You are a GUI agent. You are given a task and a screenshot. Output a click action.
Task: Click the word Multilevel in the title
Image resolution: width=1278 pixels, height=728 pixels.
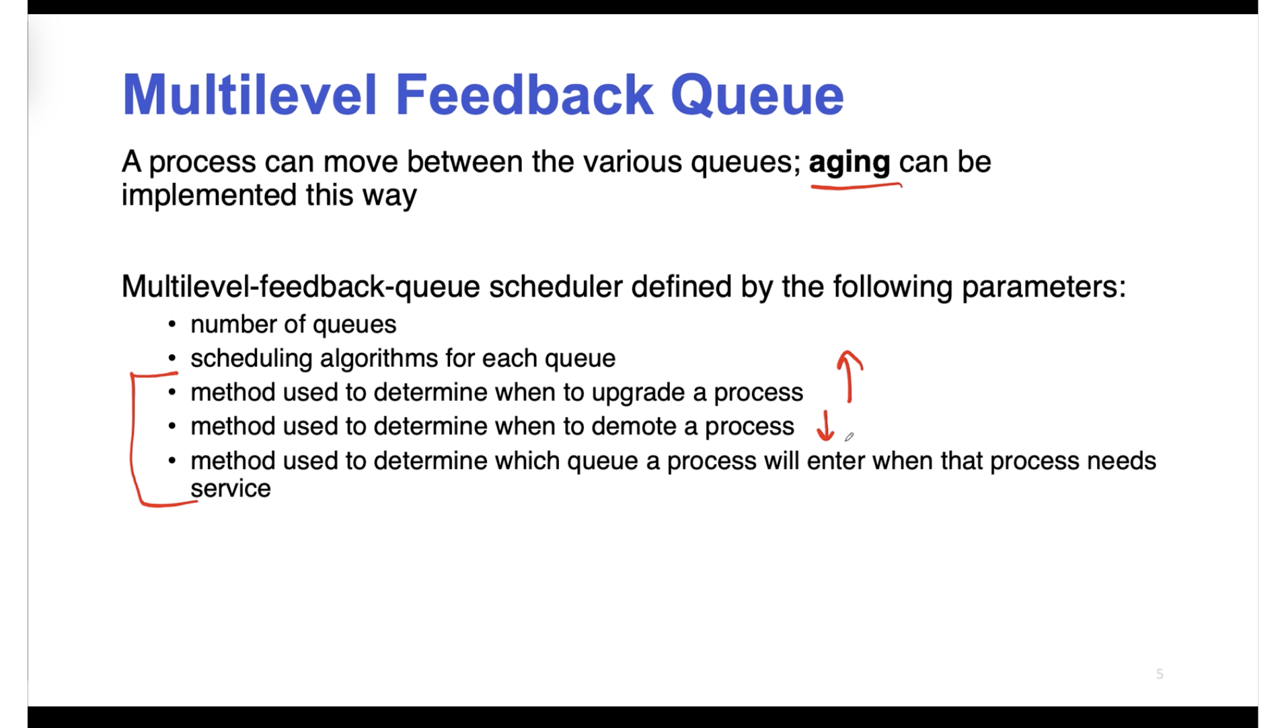point(250,95)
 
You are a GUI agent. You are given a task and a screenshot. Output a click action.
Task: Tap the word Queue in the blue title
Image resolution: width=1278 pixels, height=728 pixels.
point(757,96)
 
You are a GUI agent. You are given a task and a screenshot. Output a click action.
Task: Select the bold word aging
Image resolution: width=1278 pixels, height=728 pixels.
point(849,163)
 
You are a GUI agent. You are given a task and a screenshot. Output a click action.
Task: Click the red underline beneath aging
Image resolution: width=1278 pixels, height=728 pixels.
point(856,185)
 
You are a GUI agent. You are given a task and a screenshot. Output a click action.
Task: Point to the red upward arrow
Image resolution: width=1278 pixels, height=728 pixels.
point(850,377)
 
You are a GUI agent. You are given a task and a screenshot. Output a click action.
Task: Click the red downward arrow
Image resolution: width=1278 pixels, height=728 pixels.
point(825,426)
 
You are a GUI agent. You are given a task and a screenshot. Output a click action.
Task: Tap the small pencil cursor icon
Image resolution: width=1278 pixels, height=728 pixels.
point(850,437)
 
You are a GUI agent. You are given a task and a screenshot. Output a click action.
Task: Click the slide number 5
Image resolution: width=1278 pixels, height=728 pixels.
point(1160,674)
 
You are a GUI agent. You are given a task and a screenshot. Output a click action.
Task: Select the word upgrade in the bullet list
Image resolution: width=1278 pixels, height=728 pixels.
point(648,394)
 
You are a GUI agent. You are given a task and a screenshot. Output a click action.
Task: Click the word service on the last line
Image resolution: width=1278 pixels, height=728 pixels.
point(231,488)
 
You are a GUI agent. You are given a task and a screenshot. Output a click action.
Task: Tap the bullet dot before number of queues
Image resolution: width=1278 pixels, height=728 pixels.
point(172,325)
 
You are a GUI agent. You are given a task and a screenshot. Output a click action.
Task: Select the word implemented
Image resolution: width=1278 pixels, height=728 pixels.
point(209,196)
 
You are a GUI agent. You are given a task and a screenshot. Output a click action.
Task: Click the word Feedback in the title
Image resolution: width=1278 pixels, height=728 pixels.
point(524,95)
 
